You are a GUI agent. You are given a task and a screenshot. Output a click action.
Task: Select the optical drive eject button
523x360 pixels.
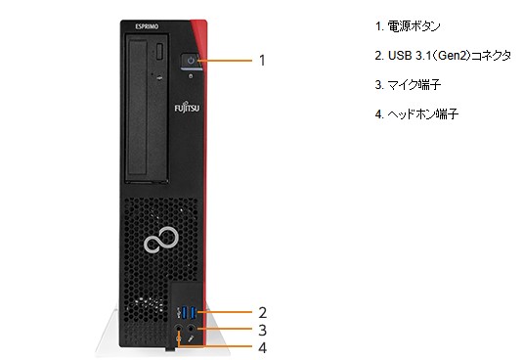159,51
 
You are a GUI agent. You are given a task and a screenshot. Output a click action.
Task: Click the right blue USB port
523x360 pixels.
193,313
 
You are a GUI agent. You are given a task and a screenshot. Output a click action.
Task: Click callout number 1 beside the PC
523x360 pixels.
262,60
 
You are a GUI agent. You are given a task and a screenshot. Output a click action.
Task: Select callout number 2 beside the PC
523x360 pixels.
263,313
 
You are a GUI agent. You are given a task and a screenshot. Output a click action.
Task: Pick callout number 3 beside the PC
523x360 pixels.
263,331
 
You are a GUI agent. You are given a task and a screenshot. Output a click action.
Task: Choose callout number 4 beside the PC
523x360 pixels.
263,347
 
